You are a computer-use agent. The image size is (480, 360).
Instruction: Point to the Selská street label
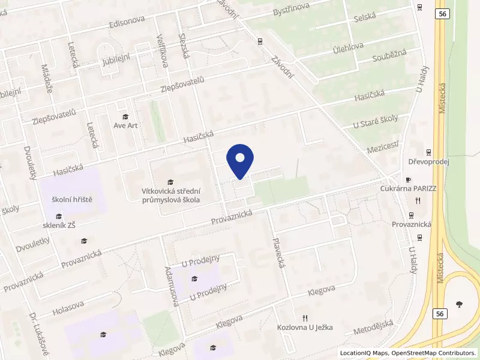point(364,17)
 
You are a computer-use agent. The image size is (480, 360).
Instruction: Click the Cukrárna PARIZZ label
point(408,188)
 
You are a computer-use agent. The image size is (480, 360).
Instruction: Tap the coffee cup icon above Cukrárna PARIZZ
point(408,179)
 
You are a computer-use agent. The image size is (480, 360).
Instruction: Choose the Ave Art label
point(125,126)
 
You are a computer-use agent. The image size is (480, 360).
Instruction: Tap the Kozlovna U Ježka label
point(305,328)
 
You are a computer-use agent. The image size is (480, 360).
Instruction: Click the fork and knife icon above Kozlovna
point(305,318)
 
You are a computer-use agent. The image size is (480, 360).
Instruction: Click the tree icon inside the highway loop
point(459,304)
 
